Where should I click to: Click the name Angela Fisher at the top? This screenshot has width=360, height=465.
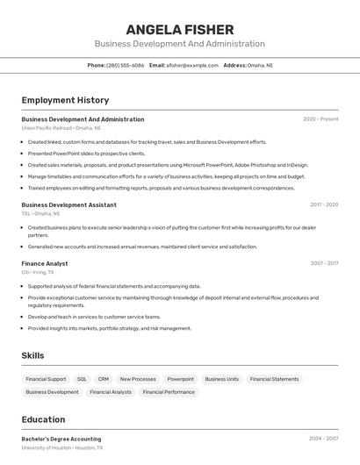(x=179, y=30)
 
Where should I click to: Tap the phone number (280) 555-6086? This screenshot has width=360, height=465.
(x=125, y=65)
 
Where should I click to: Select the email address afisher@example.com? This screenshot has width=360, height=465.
(x=191, y=65)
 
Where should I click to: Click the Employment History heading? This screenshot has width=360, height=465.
(x=65, y=100)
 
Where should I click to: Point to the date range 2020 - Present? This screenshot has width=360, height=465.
(x=320, y=119)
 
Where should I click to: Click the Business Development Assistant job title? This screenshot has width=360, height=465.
(x=68, y=204)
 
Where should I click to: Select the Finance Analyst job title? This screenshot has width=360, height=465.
(x=45, y=263)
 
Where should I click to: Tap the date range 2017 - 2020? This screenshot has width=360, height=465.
(x=323, y=204)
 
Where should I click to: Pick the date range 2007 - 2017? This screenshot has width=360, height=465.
(x=323, y=263)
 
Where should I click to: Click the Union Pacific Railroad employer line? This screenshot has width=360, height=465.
(x=61, y=128)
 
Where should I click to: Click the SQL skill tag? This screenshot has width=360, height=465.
(x=82, y=379)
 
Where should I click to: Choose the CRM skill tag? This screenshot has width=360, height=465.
(x=104, y=379)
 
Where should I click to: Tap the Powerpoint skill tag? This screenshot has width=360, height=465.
(x=180, y=379)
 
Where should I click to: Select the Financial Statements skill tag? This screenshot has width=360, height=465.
(x=274, y=379)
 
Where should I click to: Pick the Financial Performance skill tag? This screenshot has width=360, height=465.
(x=169, y=392)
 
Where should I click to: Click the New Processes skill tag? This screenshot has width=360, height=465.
(x=138, y=379)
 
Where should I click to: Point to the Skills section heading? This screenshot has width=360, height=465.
(x=32, y=355)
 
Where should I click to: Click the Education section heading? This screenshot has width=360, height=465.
(x=43, y=419)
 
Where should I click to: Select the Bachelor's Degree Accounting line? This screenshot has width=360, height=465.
(x=61, y=439)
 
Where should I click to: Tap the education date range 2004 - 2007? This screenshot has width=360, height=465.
(x=323, y=439)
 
